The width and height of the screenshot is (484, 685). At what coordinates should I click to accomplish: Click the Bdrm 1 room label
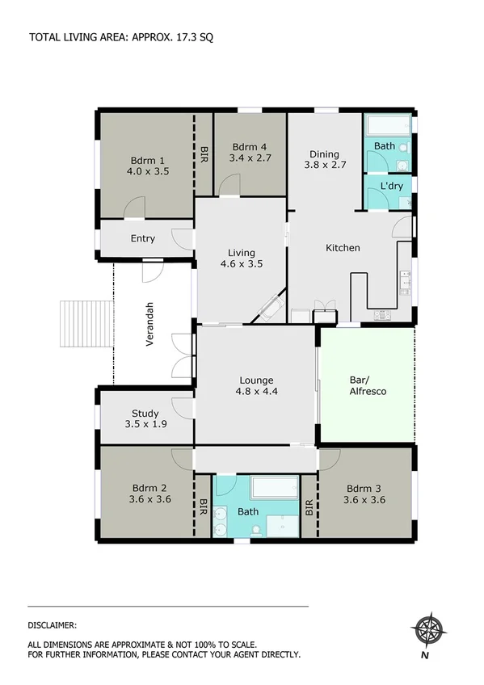[147, 159]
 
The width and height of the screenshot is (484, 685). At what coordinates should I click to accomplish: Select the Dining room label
[324, 154]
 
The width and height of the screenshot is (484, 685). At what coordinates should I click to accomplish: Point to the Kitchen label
[343, 248]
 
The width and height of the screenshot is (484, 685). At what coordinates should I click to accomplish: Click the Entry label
[143, 238]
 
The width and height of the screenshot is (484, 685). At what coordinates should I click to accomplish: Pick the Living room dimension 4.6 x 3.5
[242, 263]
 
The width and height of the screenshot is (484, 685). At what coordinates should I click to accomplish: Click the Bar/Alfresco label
[368, 385]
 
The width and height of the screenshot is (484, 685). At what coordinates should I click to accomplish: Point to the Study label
[145, 413]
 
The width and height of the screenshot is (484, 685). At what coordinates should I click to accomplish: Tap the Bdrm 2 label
[149, 488]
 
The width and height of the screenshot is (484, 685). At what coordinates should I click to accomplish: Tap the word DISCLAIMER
[53, 624]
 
